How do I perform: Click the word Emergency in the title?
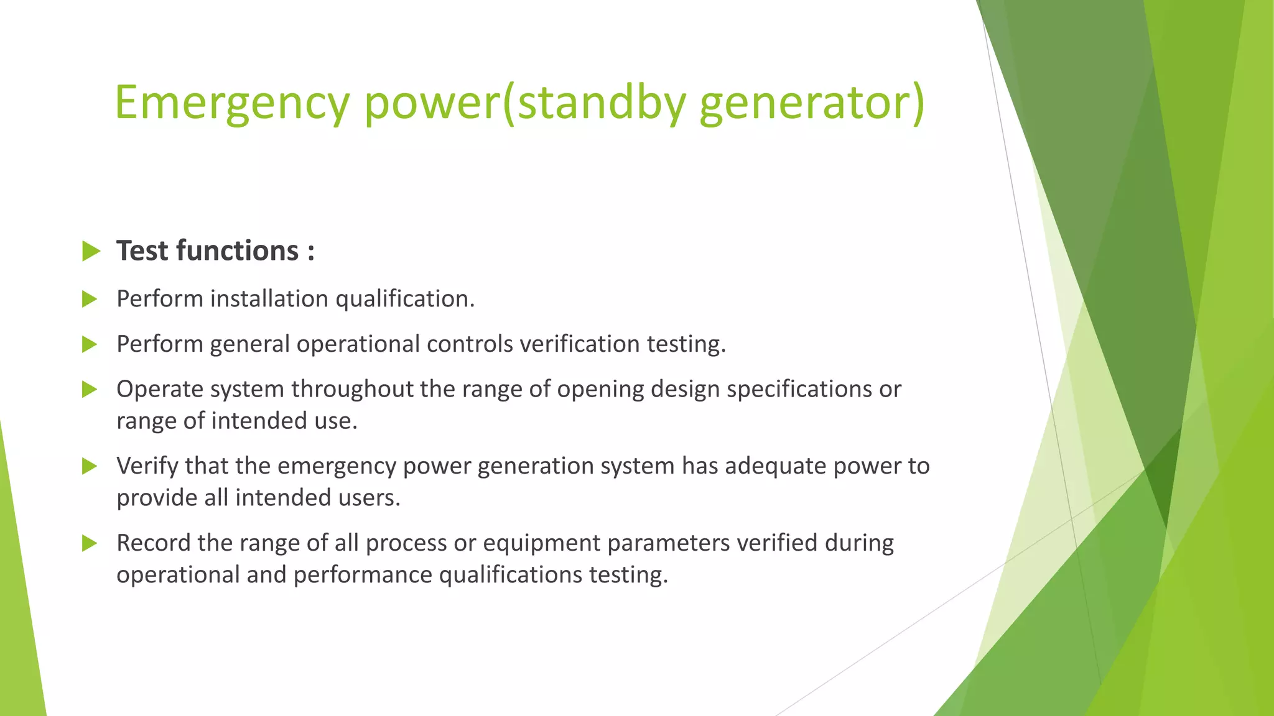point(232,103)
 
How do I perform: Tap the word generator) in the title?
point(812,103)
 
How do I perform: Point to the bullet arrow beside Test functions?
point(91,252)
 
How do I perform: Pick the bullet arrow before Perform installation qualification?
point(90,300)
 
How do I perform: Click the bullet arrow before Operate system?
point(90,390)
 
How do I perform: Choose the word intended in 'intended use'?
point(269,421)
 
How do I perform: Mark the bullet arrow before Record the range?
point(90,544)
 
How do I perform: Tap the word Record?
point(153,543)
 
